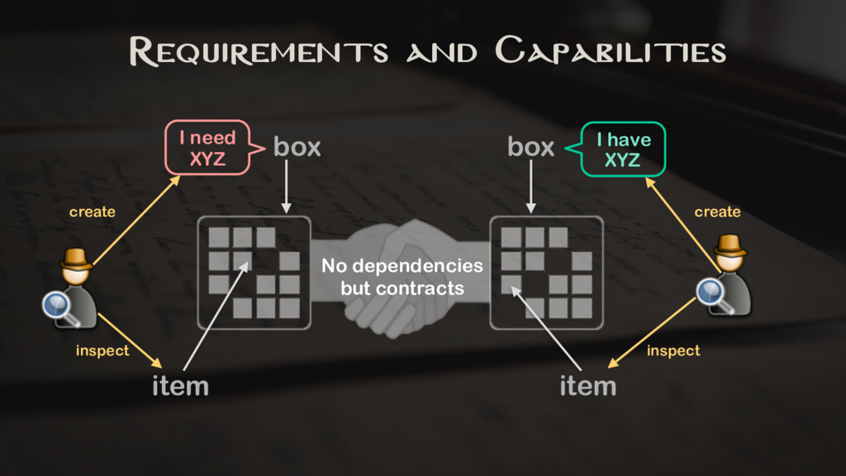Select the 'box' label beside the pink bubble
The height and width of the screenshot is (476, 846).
(x=297, y=148)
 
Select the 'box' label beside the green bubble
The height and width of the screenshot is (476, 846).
(x=530, y=148)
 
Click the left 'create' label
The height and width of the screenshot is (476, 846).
(x=92, y=212)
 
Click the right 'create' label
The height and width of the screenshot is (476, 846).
(x=717, y=212)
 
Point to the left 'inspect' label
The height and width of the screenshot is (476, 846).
(x=102, y=351)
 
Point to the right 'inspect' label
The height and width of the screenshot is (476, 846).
(x=673, y=351)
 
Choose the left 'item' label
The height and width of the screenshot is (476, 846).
(x=180, y=386)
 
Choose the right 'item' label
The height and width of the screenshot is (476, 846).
(x=587, y=386)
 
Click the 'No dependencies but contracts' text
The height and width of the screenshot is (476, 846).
(x=402, y=278)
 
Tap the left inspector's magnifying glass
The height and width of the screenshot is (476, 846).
(x=58, y=307)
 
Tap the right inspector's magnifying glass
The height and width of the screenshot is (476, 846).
(x=712, y=292)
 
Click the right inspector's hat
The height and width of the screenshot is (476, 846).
(x=730, y=244)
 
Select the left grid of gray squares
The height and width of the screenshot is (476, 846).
(x=254, y=273)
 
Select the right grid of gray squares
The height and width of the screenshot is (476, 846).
(x=546, y=273)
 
